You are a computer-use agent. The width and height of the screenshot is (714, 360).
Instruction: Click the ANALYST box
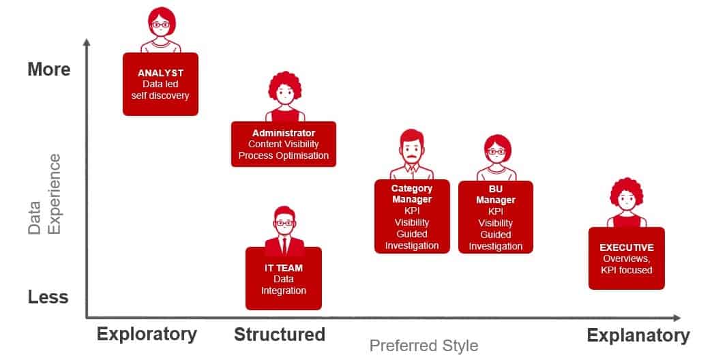(x=160, y=84)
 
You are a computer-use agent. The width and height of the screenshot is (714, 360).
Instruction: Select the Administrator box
(x=284, y=145)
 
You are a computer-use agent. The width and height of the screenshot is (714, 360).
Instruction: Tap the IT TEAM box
(x=284, y=279)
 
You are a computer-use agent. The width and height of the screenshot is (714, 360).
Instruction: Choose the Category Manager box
(x=412, y=217)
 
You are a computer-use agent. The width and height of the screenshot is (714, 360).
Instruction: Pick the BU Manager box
(x=495, y=217)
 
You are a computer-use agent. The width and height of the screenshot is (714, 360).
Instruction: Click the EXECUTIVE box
(x=627, y=258)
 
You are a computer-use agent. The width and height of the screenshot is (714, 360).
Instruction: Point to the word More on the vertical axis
(x=49, y=70)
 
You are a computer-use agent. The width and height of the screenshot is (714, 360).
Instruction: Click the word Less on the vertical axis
(x=48, y=297)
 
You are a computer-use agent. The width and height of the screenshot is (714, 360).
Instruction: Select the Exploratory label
(x=147, y=335)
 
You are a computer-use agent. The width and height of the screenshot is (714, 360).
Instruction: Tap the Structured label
(x=280, y=335)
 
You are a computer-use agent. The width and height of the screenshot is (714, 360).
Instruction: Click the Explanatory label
(x=638, y=336)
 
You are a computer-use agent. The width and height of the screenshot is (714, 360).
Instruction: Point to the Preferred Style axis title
(x=424, y=346)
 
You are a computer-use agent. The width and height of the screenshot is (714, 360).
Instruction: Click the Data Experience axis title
(x=44, y=194)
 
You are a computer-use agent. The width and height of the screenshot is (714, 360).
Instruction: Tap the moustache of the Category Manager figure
(x=412, y=158)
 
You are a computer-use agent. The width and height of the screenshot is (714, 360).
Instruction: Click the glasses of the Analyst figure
(x=160, y=25)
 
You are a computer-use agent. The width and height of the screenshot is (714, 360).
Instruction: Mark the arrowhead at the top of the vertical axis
(x=87, y=42)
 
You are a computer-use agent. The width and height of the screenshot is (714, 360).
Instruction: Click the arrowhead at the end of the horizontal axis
(x=676, y=318)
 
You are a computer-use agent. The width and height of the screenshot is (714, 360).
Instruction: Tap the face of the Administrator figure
(x=285, y=95)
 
